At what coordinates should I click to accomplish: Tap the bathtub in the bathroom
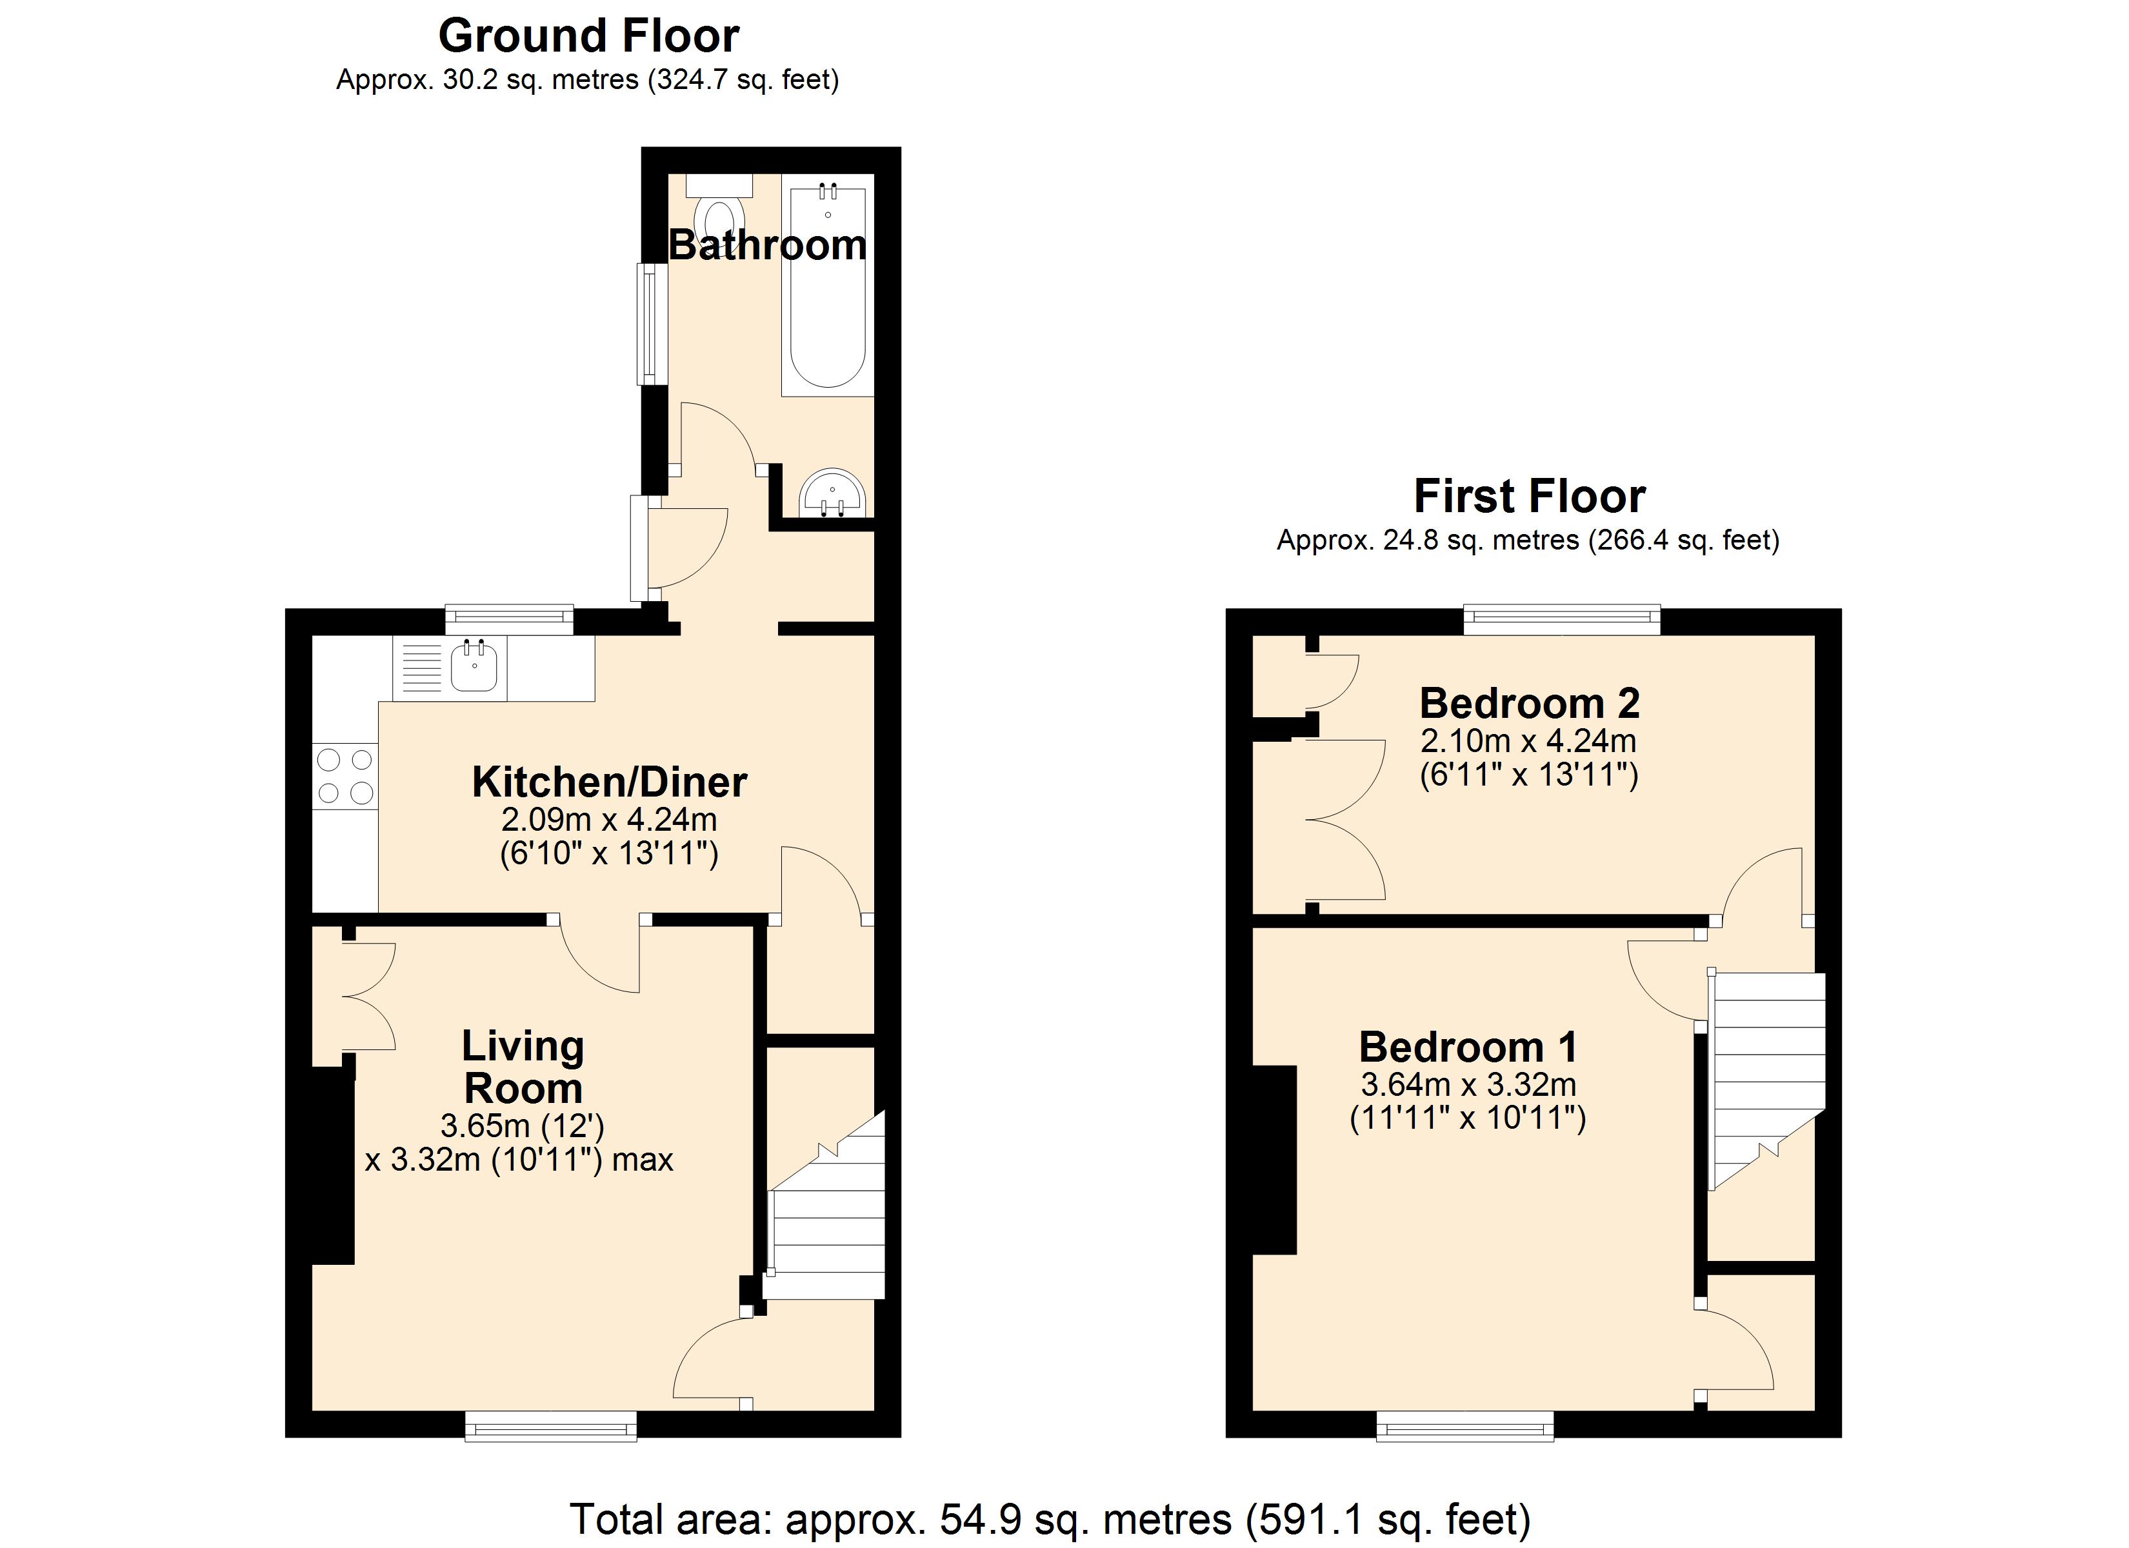tap(827, 291)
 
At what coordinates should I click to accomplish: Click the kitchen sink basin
tap(474, 668)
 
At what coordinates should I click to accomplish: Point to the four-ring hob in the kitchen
tap(345, 775)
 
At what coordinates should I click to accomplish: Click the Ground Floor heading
tap(588, 37)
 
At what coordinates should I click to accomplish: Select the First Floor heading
tap(1528, 497)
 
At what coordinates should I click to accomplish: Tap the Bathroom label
tap(767, 245)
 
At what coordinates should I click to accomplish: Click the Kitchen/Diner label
tap(609, 782)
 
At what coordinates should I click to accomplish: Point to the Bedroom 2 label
tap(1529, 703)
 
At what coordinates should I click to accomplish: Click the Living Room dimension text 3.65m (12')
tap(522, 1125)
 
